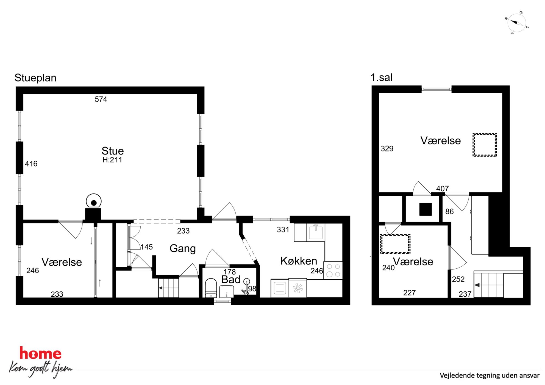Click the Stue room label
click(x=113, y=151)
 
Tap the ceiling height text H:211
click(x=112, y=160)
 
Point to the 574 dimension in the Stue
click(x=101, y=99)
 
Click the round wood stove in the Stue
click(x=94, y=201)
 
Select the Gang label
click(x=183, y=249)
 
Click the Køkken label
click(x=299, y=261)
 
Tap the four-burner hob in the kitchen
click(x=333, y=270)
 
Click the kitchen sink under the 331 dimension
click(x=316, y=232)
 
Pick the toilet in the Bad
click(x=211, y=288)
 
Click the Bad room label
click(x=231, y=280)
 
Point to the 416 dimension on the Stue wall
click(x=31, y=164)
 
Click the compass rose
click(x=516, y=23)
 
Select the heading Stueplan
click(x=35, y=78)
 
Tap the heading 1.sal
click(x=382, y=77)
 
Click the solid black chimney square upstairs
click(x=426, y=209)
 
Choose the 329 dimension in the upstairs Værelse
click(x=387, y=149)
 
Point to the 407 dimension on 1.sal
click(x=442, y=189)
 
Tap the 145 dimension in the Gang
click(x=147, y=247)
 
